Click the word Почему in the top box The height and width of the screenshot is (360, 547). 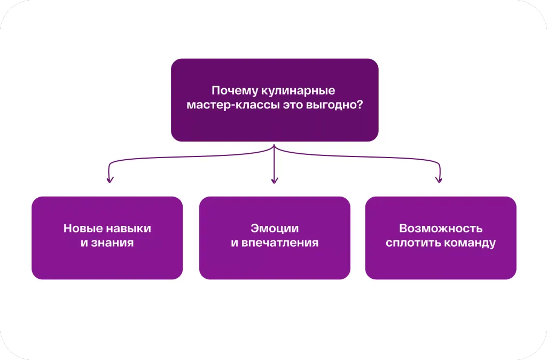click(235, 91)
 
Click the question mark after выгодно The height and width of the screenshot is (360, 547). click(360, 104)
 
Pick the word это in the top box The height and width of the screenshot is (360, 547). click(293, 105)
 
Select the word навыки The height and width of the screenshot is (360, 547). click(129, 229)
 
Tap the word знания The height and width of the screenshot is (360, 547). click(112, 243)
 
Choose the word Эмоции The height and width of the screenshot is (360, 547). click(275, 229)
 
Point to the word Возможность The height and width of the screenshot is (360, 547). click(441, 229)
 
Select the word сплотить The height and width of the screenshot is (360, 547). click(411, 243)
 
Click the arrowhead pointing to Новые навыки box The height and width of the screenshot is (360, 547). click(110, 179)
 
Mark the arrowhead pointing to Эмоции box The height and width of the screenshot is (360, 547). click(275, 181)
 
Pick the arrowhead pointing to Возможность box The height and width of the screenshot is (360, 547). click(439, 179)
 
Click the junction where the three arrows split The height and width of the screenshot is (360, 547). click(274, 146)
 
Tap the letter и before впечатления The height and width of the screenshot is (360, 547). click(234, 244)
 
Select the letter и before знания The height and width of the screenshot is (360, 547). click(84, 244)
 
